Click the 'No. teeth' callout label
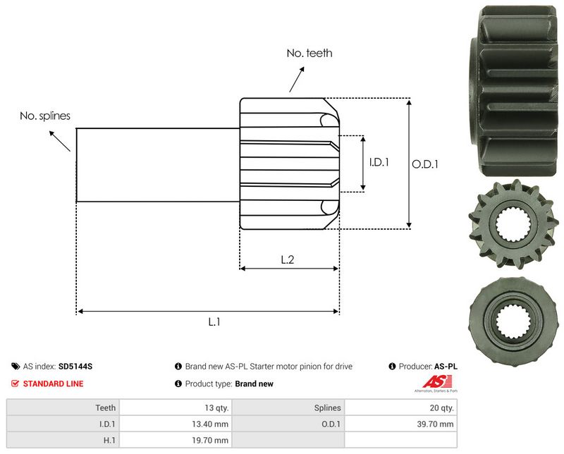click(x=309, y=53)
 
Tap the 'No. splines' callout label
click(x=44, y=116)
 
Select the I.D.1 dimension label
click(x=379, y=162)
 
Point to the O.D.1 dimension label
click(x=426, y=164)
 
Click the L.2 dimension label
click(x=288, y=259)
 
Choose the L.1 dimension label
click(x=214, y=321)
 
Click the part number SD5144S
click(x=75, y=367)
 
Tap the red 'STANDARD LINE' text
click(x=53, y=384)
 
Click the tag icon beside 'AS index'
click(x=16, y=367)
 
